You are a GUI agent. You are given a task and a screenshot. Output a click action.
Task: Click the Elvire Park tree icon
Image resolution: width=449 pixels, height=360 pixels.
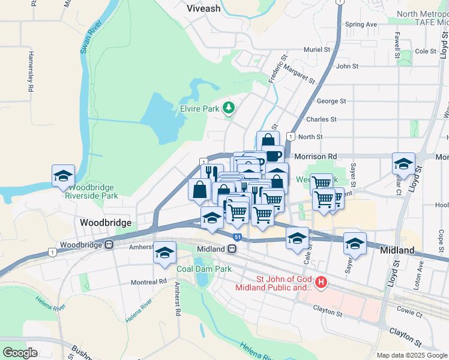228,108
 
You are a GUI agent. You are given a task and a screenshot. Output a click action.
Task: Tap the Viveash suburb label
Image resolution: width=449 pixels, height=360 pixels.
203,9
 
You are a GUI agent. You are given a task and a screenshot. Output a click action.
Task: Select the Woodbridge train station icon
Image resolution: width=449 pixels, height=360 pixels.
109,245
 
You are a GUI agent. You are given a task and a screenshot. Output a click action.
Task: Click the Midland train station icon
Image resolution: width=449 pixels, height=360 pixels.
232,249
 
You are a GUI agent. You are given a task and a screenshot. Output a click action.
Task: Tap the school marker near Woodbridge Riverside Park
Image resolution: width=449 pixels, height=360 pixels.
63,175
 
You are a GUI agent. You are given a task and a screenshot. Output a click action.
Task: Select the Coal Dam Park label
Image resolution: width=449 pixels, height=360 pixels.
204,269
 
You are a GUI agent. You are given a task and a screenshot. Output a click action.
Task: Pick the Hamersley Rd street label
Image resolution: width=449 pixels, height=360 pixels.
29,71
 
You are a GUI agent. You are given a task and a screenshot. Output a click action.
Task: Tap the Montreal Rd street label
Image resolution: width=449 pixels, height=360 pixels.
149,281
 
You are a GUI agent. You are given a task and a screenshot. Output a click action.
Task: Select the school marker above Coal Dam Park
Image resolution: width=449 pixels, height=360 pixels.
164,252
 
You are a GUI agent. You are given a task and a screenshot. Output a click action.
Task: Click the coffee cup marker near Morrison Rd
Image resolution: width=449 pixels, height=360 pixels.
273,155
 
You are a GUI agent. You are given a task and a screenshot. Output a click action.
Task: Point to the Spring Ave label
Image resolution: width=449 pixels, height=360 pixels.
361,25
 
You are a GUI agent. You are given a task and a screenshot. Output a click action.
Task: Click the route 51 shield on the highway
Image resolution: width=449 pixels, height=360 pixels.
238,238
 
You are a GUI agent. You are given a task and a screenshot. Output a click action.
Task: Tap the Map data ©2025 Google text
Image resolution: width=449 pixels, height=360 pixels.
411,355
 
